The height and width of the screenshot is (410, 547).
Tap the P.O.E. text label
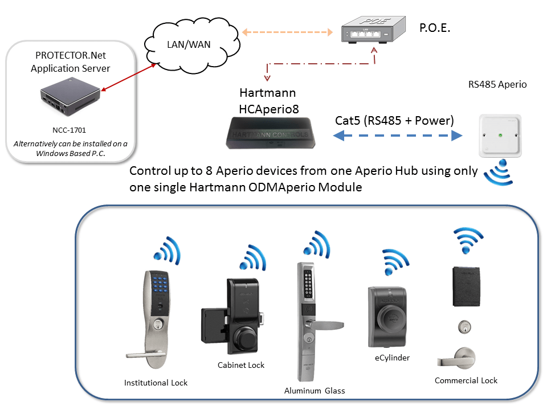click(x=435, y=27)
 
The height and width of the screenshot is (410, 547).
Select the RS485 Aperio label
click(x=497, y=85)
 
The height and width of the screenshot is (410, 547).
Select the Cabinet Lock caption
click(x=241, y=365)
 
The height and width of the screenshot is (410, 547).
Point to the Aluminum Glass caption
click(x=315, y=391)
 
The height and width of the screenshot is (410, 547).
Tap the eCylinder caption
click(x=392, y=358)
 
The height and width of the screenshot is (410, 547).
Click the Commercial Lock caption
click(x=466, y=380)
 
